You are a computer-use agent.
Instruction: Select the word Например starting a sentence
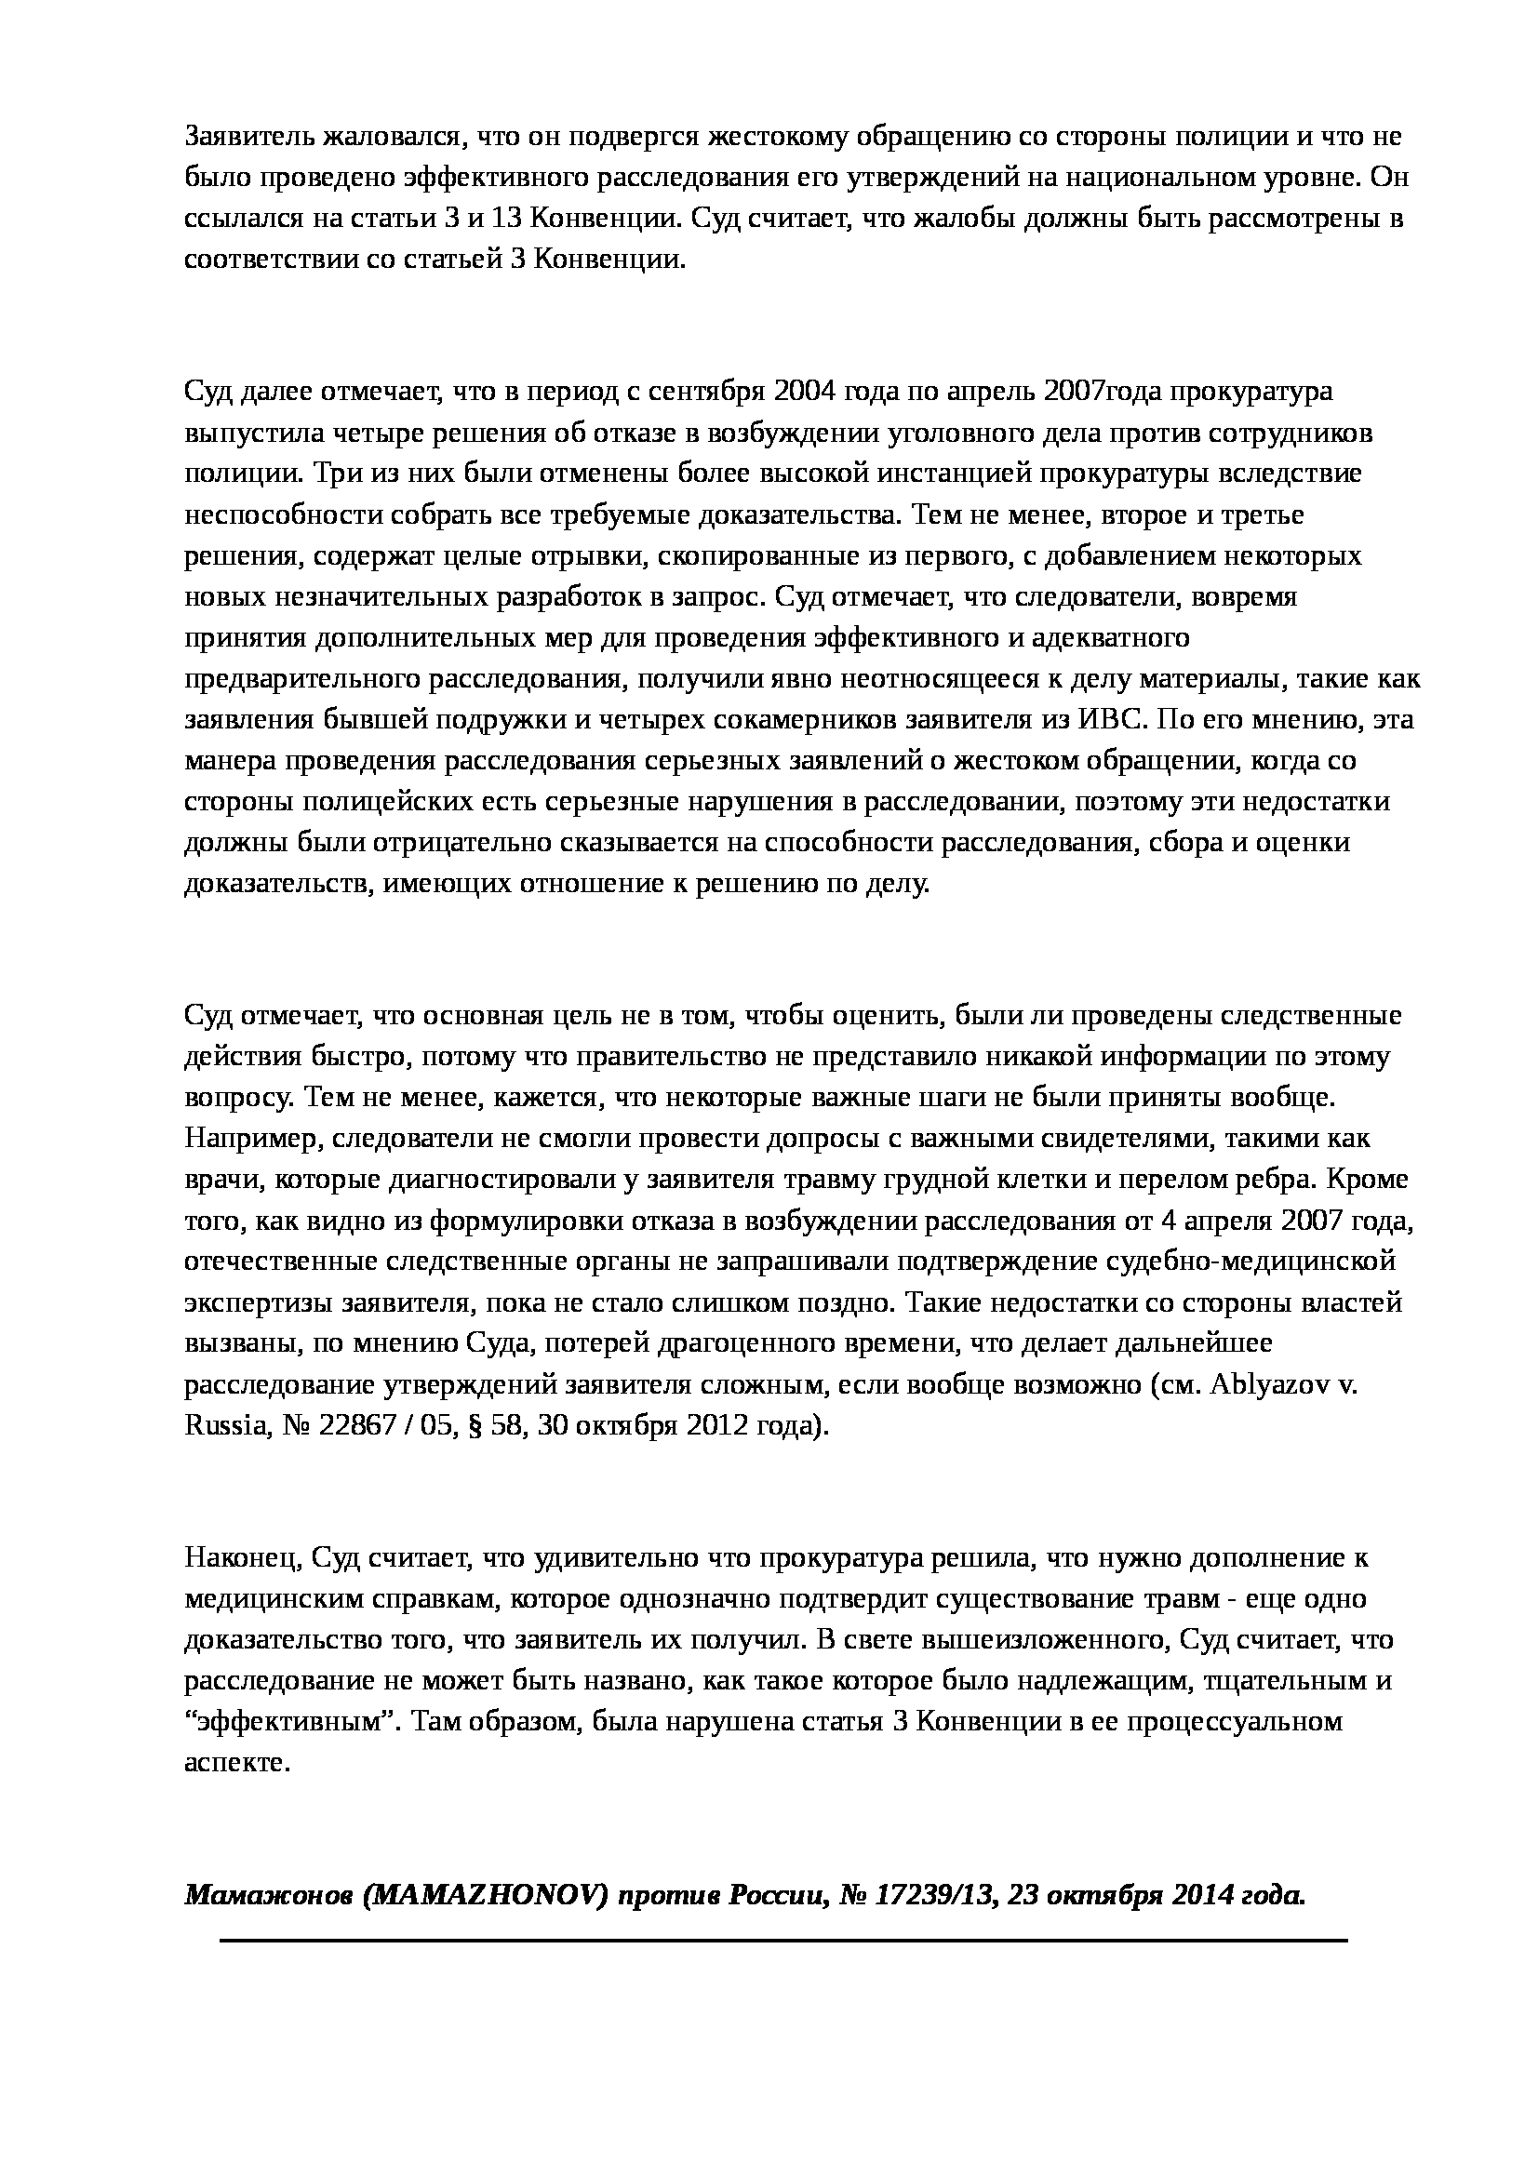click(x=250, y=1137)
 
